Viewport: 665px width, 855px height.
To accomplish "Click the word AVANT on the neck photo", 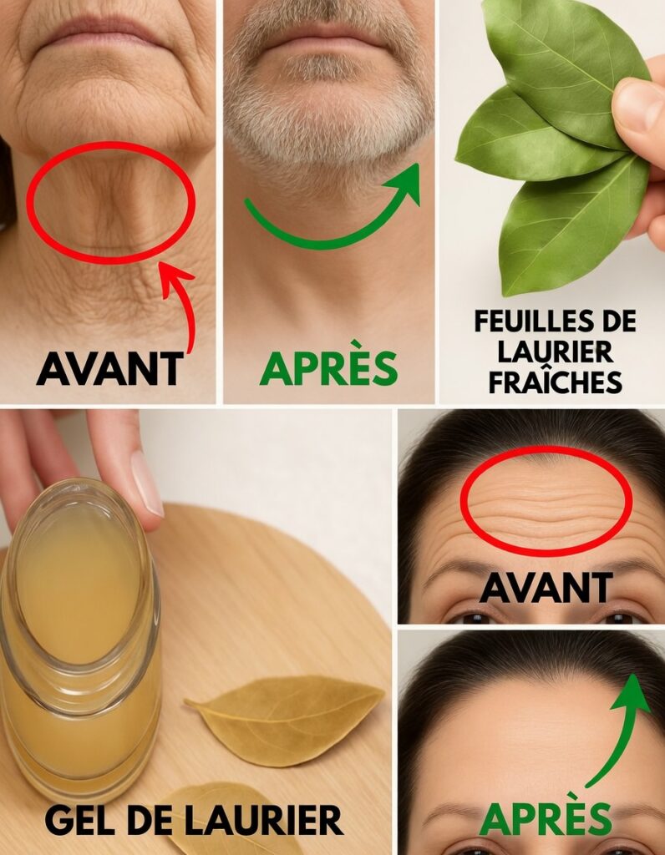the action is coord(109,368).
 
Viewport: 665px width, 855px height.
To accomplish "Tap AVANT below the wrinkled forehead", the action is coord(546,588).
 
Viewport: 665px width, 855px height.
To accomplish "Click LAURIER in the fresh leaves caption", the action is coord(556,352).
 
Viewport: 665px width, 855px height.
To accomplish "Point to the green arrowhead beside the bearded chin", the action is coord(406,181).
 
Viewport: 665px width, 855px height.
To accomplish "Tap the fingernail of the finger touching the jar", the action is coord(146,483).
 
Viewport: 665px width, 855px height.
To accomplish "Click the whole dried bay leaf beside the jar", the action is coord(285,719).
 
